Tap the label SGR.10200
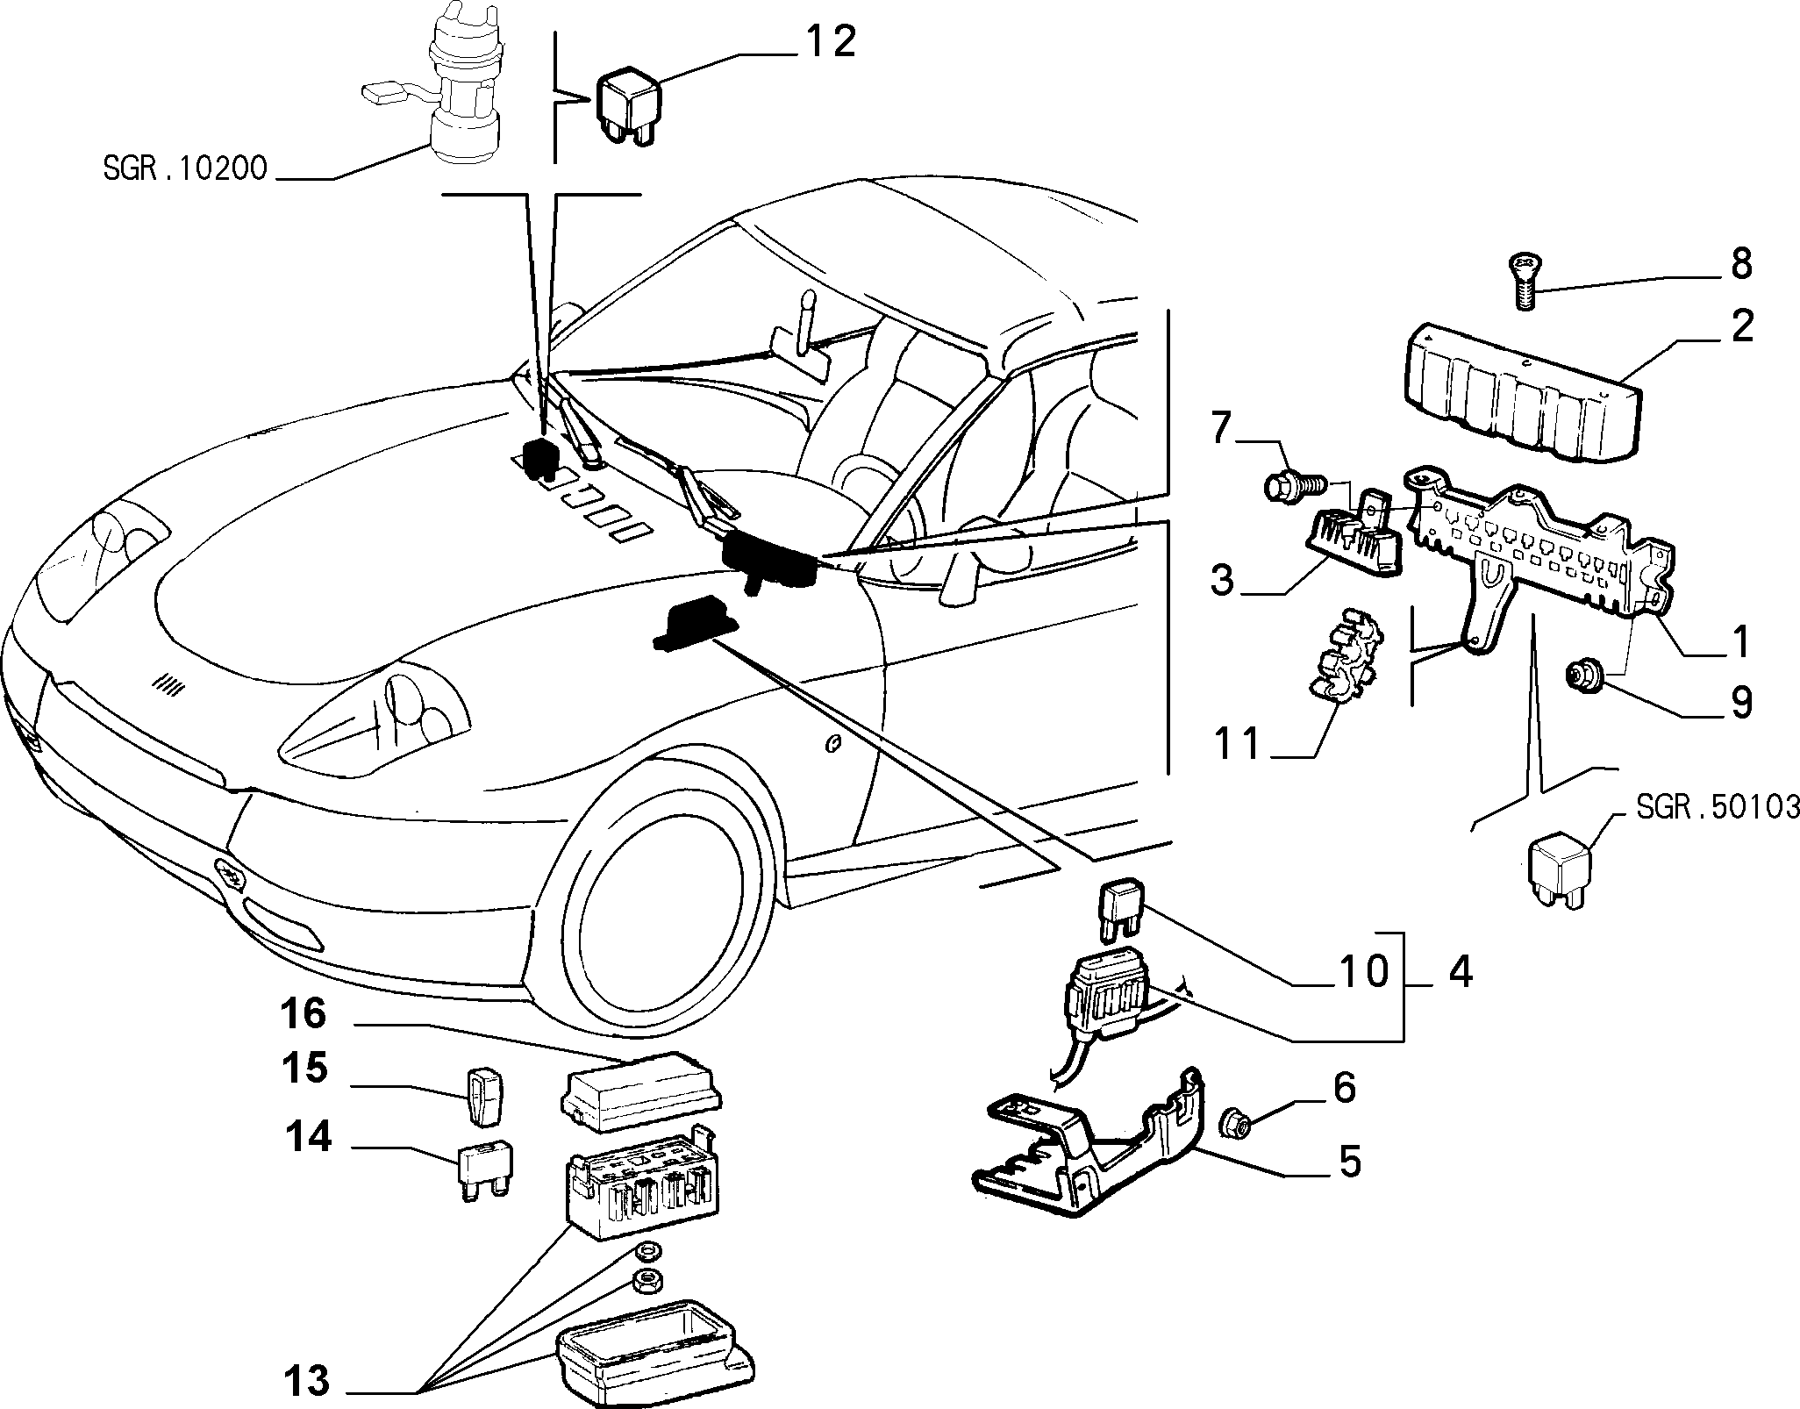[x=184, y=168]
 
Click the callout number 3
[x=1222, y=579]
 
